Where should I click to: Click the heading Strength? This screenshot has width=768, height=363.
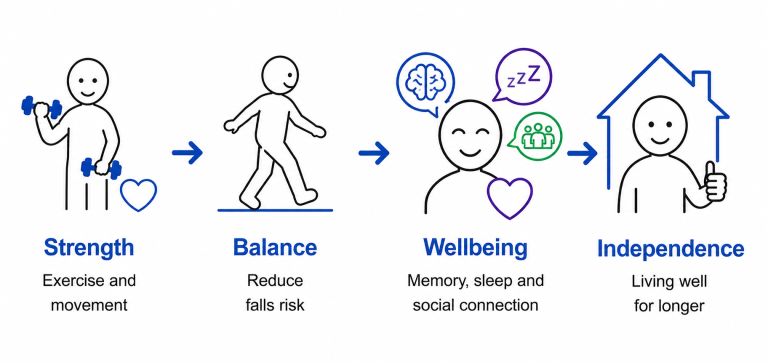click(x=89, y=248)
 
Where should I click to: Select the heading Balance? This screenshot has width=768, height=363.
click(x=275, y=247)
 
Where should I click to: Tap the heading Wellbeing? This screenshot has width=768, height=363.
click(x=476, y=248)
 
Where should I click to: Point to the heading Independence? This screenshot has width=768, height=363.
click(x=670, y=249)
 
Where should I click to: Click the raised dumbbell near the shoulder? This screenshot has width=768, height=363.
click(x=42, y=107)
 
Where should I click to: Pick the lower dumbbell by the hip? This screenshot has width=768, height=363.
click(x=101, y=168)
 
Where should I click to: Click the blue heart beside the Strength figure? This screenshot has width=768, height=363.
click(x=139, y=194)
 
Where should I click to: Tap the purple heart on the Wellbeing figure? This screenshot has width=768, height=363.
click(x=509, y=197)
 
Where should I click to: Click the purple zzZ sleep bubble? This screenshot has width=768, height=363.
click(x=522, y=77)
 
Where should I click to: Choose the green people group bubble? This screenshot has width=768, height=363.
click(x=535, y=136)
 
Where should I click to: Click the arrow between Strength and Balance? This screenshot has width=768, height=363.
click(x=188, y=152)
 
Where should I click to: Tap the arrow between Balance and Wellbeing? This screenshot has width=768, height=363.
click(x=374, y=153)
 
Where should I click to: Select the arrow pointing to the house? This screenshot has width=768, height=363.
click(x=582, y=153)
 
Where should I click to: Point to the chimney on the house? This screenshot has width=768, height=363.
click(x=701, y=86)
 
